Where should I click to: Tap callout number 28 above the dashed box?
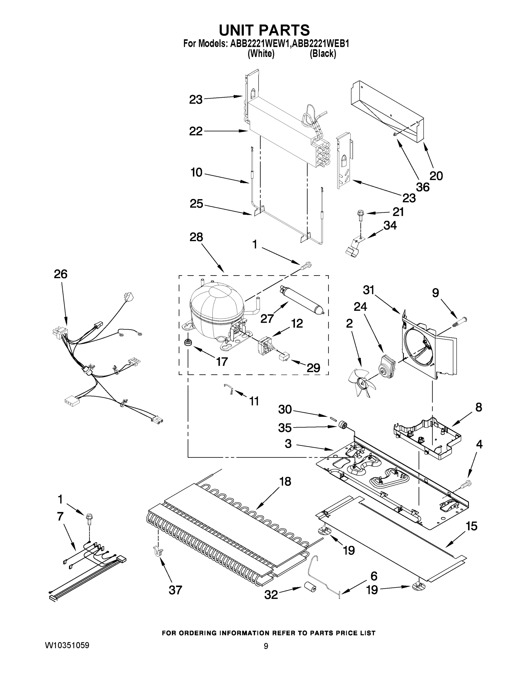coord(196,237)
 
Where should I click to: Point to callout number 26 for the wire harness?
coord(61,274)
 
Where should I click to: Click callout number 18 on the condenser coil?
coord(285,481)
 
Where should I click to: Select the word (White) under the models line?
coord(261,54)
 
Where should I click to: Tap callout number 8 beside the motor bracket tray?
coord(479,407)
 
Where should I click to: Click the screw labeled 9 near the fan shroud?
coord(459,322)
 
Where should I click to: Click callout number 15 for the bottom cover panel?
coord(471,526)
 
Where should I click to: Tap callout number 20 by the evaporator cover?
coord(436,176)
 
